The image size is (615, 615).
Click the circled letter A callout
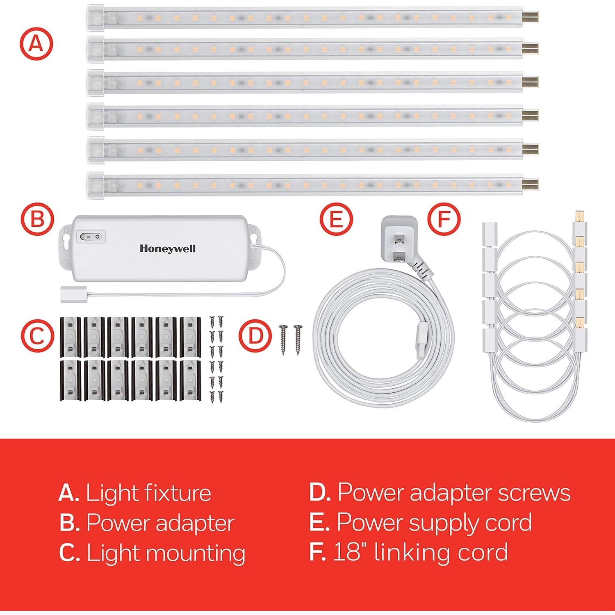(x=37, y=43)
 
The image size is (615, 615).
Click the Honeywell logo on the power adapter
(x=167, y=248)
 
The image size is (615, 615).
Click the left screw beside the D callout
(x=283, y=334)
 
